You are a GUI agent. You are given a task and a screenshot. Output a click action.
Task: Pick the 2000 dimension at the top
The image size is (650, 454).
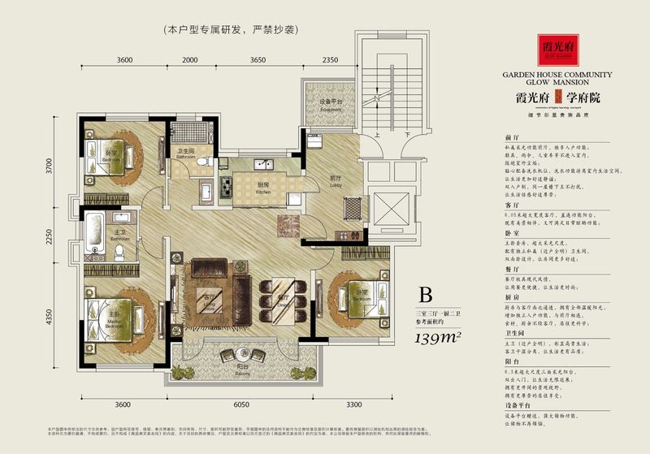coord(190,60)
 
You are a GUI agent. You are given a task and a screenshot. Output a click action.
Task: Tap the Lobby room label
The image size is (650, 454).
coord(335,182)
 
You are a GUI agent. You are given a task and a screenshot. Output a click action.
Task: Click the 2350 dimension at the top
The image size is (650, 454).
coord(330,60)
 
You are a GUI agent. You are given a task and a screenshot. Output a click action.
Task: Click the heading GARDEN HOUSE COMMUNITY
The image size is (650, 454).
coord(557,74)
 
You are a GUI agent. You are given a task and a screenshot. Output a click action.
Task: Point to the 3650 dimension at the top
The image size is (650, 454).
coord(258,60)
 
